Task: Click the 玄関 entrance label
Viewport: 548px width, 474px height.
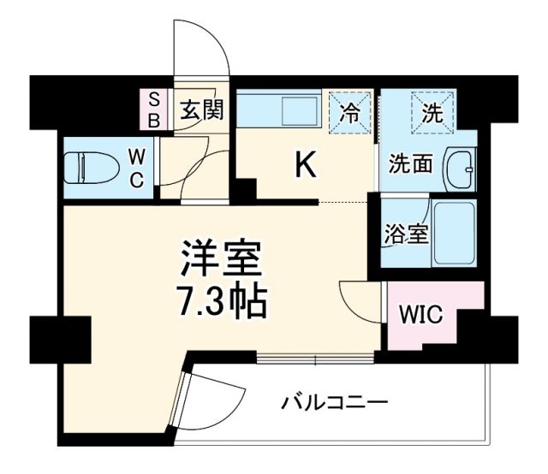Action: pos(202,110)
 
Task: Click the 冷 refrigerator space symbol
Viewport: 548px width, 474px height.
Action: pos(351,110)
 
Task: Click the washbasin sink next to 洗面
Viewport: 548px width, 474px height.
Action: pos(460,169)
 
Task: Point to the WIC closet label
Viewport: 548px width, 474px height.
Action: pos(420,315)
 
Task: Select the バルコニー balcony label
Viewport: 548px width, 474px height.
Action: pos(335,401)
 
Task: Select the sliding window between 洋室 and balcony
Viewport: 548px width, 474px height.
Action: pos(316,358)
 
